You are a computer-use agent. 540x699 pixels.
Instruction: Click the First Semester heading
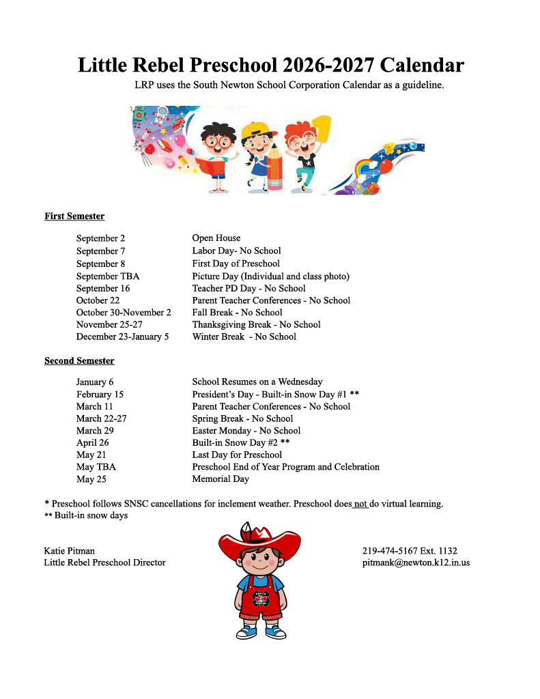[x=74, y=216]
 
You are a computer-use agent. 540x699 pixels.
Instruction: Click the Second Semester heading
[x=79, y=360]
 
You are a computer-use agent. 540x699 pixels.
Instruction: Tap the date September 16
[x=102, y=288]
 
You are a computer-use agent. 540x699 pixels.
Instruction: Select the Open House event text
[x=216, y=238]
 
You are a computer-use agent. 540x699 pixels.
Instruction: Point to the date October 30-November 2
[x=123, y=313]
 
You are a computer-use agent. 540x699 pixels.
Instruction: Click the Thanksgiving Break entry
[x=256, y=325]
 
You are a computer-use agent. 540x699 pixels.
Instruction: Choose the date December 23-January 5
[x=122, y=337]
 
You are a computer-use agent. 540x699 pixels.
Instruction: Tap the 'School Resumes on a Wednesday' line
[x=257, y=382]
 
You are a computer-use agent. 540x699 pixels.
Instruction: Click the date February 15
[x=100, y=394]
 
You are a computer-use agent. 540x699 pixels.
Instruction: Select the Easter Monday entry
[x=246, y=431]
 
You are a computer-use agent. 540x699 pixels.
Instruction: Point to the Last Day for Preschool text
[x=237, y=455]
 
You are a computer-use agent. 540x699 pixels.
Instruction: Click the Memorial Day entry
[x=221, y=479]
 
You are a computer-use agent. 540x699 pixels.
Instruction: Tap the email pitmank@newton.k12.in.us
[x=415, y=563]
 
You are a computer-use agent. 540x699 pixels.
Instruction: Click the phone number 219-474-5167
[x=392, y=551]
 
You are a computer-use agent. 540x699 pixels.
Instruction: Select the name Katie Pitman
[x=70, y=551]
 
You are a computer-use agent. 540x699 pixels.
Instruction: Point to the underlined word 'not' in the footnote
[x=361, y=504]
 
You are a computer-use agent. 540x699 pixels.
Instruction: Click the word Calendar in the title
[x=422, y=66]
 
